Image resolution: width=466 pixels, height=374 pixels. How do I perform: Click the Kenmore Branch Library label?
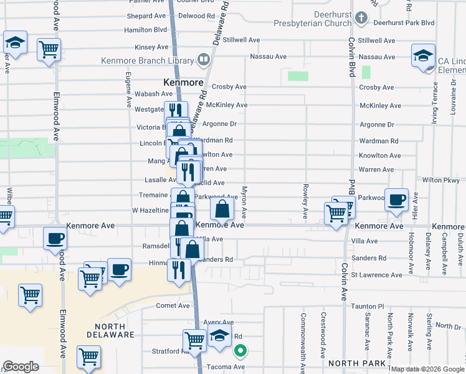[148, 60]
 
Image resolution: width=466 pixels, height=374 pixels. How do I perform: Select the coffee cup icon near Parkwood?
[397, 200]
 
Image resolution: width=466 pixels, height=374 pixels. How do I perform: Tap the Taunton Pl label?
[368, 307]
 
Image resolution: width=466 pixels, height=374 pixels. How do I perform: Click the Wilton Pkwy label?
[440, 180]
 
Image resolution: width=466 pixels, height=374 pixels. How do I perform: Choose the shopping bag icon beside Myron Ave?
[222, 210]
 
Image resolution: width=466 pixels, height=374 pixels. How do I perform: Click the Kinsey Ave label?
[152, 47]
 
